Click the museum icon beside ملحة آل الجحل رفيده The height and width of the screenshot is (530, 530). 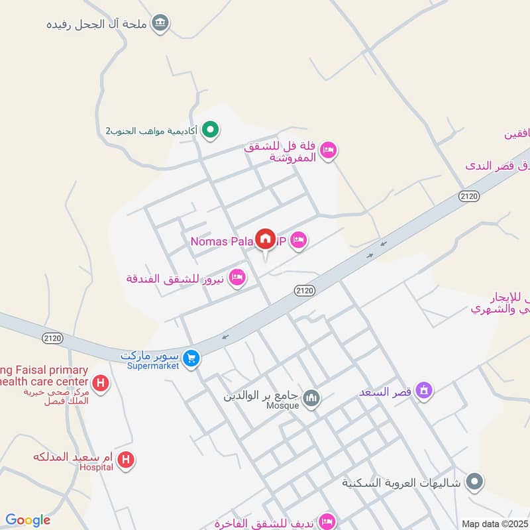(160, 25)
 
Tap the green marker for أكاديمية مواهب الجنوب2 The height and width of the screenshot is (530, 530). (211, 129)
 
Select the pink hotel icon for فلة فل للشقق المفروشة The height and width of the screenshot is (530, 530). (327, 152)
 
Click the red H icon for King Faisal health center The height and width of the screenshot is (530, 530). (101, 383)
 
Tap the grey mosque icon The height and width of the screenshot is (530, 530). (311, 399)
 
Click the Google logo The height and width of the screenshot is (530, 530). (27, 520)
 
